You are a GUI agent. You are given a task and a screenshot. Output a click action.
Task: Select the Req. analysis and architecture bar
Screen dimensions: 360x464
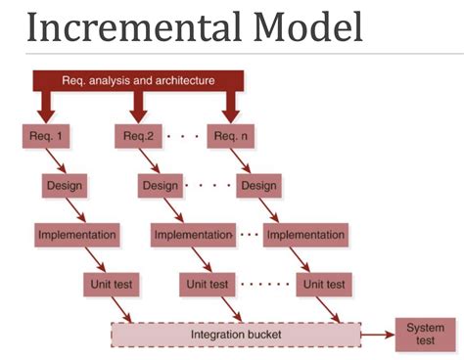point(138,80)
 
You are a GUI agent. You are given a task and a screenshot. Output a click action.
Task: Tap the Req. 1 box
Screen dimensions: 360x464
point(44,135)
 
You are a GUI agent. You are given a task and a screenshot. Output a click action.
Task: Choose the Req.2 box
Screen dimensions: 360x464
point(139,135)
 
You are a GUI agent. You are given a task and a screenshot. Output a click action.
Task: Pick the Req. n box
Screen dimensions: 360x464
point(231,135)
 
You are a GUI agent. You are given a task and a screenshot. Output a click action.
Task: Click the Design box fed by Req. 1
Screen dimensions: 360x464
point(66,184)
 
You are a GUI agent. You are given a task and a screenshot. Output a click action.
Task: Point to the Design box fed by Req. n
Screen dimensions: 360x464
point(258,184)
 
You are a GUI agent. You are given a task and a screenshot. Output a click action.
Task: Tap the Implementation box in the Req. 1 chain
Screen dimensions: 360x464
point(77,235)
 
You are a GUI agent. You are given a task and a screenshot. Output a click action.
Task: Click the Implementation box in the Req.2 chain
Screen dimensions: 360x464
point(192,235)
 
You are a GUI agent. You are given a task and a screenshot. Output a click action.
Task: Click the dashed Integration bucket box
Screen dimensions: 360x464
point(235,336)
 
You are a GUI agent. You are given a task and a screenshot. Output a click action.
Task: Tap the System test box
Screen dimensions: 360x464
point(424,335)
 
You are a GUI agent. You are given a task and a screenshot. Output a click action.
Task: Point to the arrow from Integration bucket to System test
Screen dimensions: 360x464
point(377,336)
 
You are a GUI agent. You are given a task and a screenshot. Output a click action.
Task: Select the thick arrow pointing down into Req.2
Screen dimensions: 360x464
point(138,106)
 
